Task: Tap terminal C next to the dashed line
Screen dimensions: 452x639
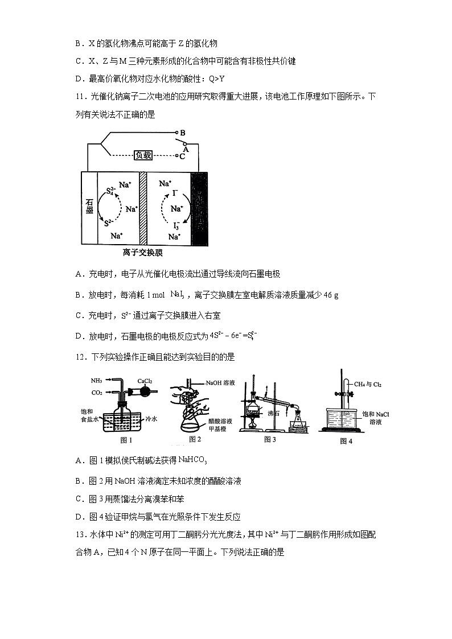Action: (x=182, y=155)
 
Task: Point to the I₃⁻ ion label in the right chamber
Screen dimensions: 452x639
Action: (x=177, y=225)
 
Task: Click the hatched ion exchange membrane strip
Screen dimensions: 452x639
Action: (x=143, y=208)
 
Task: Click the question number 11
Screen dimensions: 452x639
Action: (x=80, y=97)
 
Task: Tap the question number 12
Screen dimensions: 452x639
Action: (x=80, y=357)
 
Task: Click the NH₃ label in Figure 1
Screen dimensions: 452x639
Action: (x=95, y=380)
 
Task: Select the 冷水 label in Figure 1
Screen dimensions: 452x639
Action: (x=151, y=418)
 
